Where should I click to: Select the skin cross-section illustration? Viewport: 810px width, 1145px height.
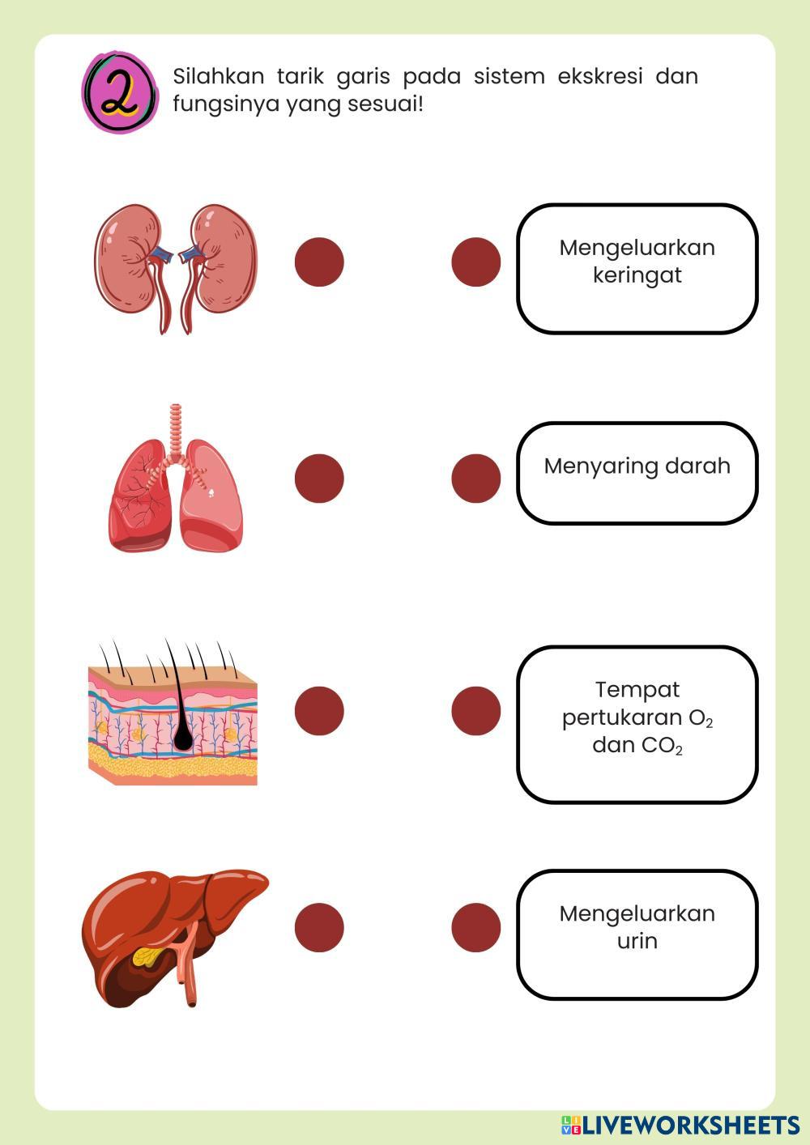[x=173, y=717]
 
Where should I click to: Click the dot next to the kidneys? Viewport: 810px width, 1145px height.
[x=319, y=262]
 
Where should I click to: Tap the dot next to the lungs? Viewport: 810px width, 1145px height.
[x=319, y=478]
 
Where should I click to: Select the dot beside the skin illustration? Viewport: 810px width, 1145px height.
[x=319, y=710]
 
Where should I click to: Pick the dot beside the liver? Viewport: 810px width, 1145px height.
[x=319, y=926]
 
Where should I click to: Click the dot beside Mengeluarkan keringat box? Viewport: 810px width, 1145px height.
[x=476, y=262]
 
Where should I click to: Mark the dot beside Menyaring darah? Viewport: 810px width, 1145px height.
[x=476, y=478]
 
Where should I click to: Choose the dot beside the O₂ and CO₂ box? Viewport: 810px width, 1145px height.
[x=476, y=710]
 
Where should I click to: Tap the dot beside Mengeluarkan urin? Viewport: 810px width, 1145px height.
[x=476, y=926]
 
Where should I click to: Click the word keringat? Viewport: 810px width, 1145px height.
[x=637, y=276]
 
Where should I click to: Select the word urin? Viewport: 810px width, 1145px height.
[x=637, y=942]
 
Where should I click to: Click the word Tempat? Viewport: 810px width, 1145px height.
[x=637, y=690]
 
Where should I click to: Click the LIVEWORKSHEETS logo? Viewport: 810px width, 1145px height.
[x=680, y=1124]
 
